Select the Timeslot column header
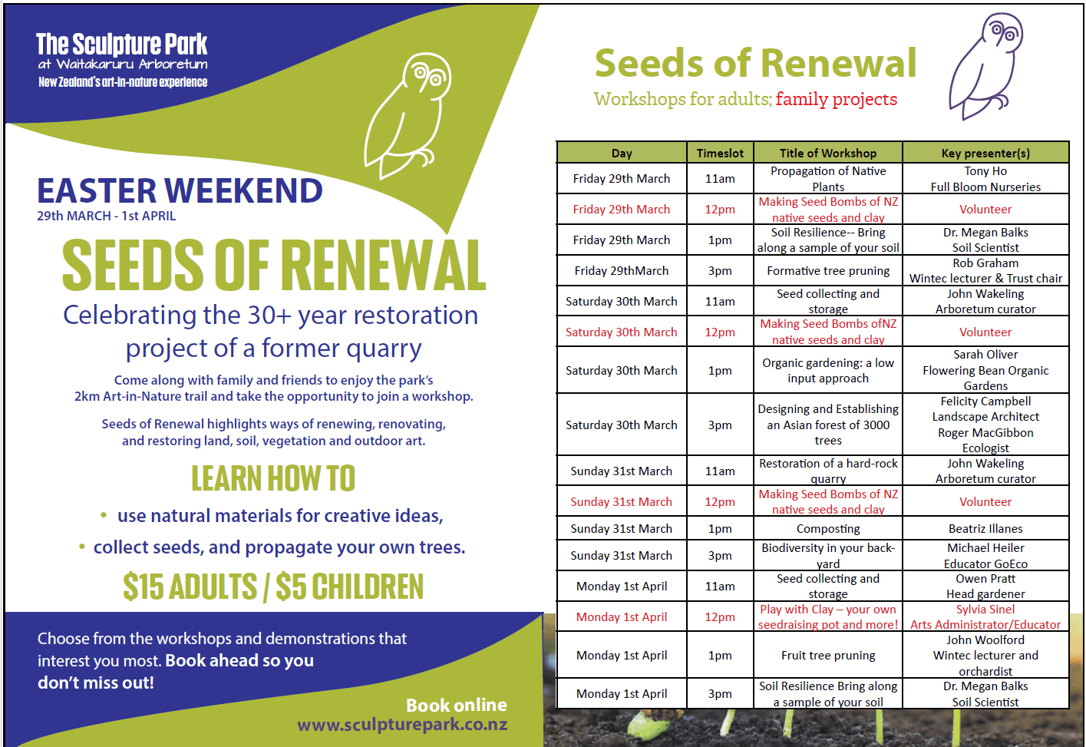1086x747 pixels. tap(720, 154)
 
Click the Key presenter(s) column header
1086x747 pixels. tap(985, 154)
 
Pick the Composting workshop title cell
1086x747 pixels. tap(828, 529)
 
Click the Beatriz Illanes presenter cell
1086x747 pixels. tap(985, 529)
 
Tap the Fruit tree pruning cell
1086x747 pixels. tap(828, 656)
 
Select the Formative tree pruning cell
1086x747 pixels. tap(828, 271)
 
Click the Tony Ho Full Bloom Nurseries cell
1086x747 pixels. tap(985, 179)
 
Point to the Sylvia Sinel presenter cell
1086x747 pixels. tap(985, 617)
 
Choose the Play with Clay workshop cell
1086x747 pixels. tap(828, 617)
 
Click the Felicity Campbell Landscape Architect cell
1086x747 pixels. tap(985, 425)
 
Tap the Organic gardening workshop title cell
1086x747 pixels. tap(828, 371)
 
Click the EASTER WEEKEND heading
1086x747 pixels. tap(180, 190)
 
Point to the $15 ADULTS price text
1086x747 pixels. tap(190, 586)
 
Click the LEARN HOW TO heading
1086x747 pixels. tap(273, 478)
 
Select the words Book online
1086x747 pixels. tap(456, 706)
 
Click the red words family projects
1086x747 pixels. tap(837, 100)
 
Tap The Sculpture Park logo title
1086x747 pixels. tap(122, 44)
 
